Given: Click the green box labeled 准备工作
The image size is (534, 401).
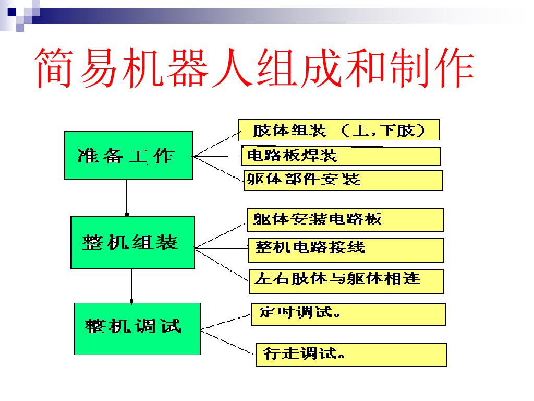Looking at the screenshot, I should pyautogui.click(x=128, y=155).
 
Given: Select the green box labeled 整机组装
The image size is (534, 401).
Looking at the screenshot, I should pyautogui.click(x=132, y=242).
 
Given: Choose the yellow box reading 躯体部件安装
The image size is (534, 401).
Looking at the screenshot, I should pyautogui.click(x=343, y=180).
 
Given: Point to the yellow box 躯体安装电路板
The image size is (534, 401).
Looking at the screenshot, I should pyautogui.click(x=345, y=220).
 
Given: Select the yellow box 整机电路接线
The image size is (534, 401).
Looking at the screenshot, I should pyautogui.click(x=346, y=250).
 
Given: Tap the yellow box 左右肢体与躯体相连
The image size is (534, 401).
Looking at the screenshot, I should pyautogui.click(x=347, y=281).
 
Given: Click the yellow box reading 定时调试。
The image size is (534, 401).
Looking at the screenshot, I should pyautogui.click(x=348, y=314).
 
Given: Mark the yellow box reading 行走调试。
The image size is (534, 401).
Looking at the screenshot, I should pyautogui.click(x=351, y=355).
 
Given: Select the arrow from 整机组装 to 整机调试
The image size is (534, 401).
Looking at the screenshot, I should pyautogui.click(x=131, y=286).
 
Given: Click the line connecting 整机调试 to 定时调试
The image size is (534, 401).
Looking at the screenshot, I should pyautogui.click(x=225, y=322).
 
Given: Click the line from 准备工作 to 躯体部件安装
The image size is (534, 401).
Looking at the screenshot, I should pyautogui.click(x=218, y=168).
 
